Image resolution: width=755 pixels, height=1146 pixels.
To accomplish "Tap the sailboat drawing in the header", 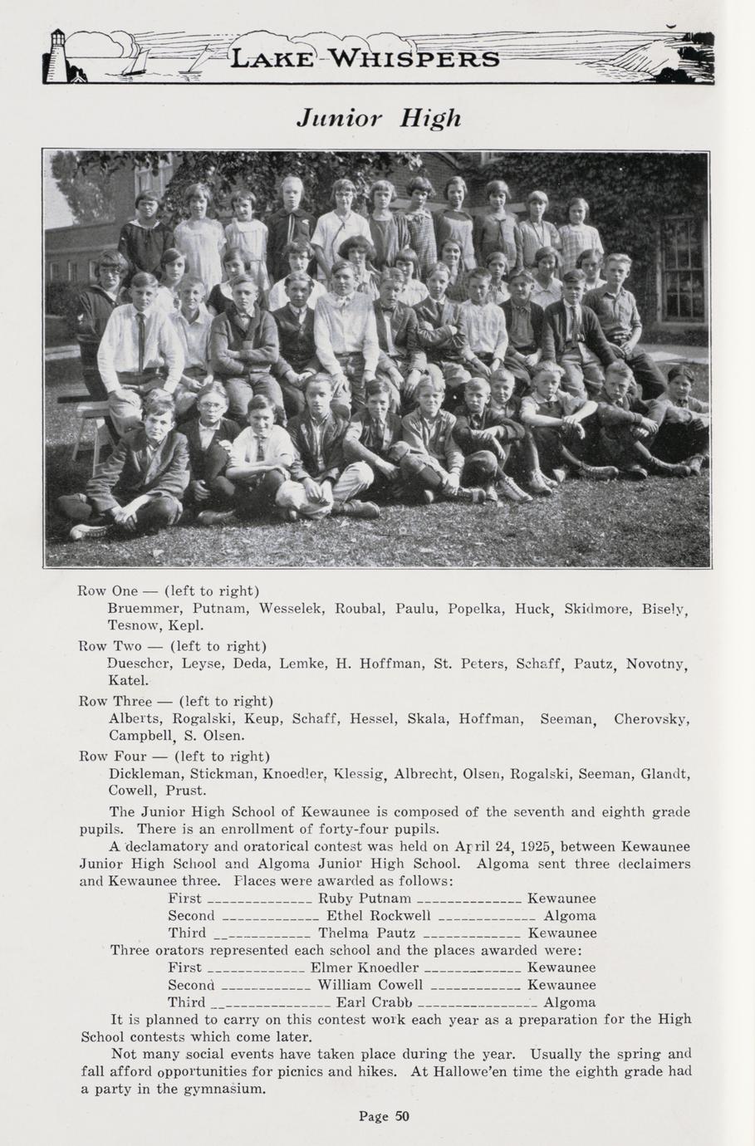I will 136,61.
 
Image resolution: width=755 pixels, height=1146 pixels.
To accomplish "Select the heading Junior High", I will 378,118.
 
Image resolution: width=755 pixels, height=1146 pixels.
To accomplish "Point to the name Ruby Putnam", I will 365,898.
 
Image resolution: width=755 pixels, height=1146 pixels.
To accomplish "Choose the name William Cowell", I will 370,985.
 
